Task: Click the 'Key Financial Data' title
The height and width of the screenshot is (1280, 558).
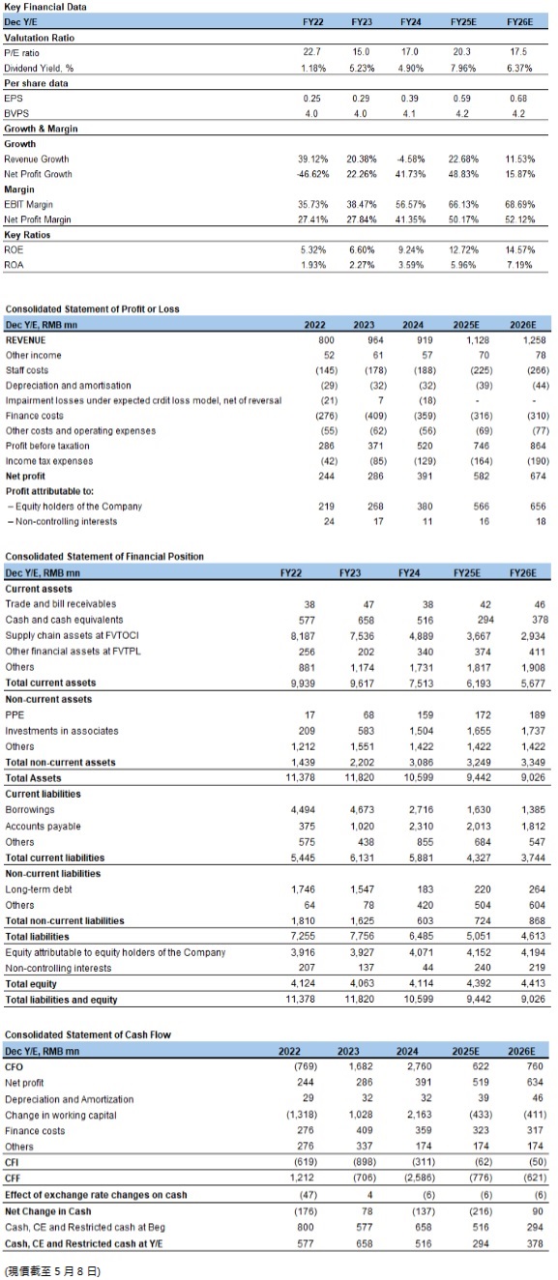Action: pyautogui.click(x=45, y=7)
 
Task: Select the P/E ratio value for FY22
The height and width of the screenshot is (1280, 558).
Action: pyautogui.click(x=311, y=52)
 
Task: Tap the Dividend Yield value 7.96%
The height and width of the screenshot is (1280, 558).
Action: pyautogui.click(x=462, y=68)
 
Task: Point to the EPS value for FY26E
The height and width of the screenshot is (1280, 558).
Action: pyautogui.click(x=518, y=99)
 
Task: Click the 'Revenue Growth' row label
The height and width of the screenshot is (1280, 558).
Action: pyautogui.click(x=37, y=159)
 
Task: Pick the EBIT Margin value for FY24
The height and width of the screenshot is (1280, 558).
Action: pyautogui.click(x=410, y=204)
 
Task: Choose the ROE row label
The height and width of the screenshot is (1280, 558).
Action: pyautogui.click(x=14, y=249)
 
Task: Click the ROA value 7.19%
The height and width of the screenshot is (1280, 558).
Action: pyautogui.click(x=519, y=265)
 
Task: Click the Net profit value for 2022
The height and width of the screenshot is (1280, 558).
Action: pyautogui.click(x=326, y=476)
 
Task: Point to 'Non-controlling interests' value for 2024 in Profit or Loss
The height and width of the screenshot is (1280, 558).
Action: pyautogui.click(x=427, y=521)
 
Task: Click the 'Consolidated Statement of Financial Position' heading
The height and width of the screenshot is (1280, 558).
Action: pyautogui.click(x=104, y=556)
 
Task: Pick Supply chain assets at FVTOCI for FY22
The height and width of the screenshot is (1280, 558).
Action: pyautogui.click(x=303, y=636)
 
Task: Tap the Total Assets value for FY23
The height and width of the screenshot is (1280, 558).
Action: pyautogui.click(x=359, y=777)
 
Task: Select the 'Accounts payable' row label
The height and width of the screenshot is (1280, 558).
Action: pyautogui.click(x=43, y=827)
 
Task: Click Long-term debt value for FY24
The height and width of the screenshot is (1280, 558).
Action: pyautogui.click(x=425, y=889)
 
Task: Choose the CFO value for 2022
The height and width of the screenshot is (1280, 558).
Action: pyautogui.click(x=306, y=1066)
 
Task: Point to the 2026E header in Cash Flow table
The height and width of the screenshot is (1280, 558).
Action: pyautogui.click(x=521, y=1051)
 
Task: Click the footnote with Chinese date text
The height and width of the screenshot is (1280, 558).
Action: pyautogui.click(x=52, y=1271)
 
